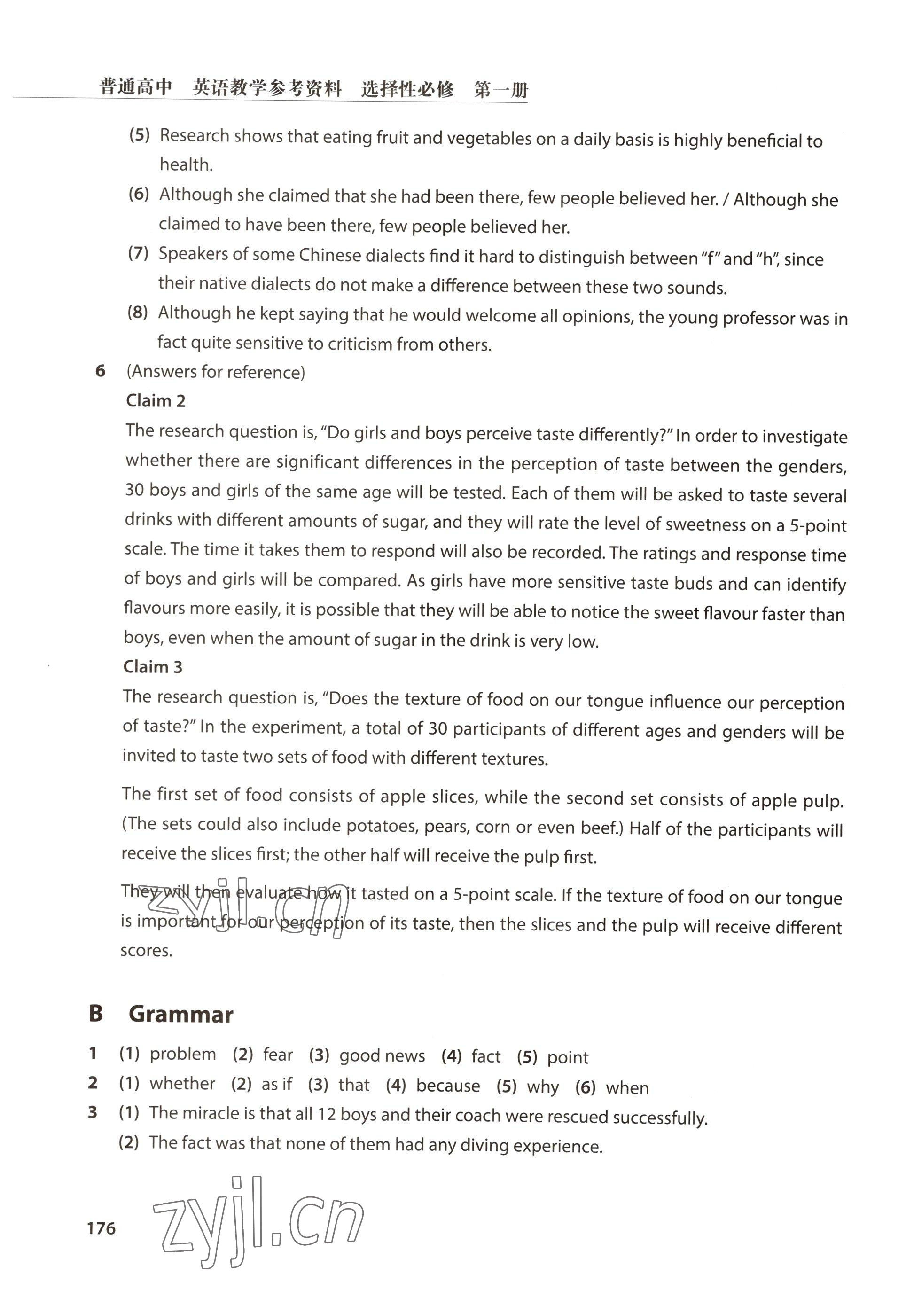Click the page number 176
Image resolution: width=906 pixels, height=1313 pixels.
coord(101,1228)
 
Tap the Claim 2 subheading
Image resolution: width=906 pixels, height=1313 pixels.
coord(156,401)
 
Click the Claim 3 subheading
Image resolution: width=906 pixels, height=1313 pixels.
coord(153,666)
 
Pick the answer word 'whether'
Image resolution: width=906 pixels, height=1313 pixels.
coord(182,1084)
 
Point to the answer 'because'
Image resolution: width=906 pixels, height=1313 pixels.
coord(448,1086)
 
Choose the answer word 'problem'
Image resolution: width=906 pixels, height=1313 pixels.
coord(183,1054)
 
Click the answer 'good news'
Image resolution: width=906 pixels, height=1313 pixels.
coord(382,1055)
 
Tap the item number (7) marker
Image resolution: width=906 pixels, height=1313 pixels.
coord(138,253)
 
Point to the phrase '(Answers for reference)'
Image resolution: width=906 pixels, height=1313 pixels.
coord(216,372)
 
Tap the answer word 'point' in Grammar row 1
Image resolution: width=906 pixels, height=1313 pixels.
coord(568,1057)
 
